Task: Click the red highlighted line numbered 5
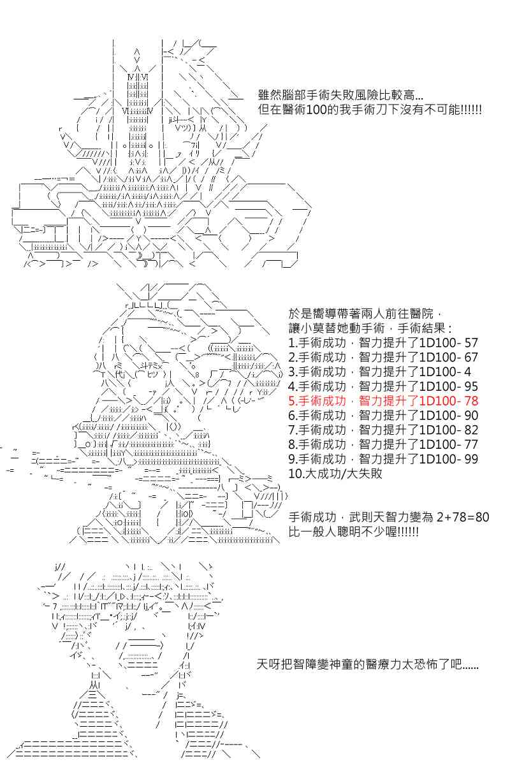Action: [383, 401]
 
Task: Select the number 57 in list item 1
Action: [470, 343]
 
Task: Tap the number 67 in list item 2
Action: [470, 358]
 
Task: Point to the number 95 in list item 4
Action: [470, 386]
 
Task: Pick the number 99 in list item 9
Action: [470, 459]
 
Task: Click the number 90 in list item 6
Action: [470, 416]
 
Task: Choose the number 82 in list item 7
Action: [470, 430]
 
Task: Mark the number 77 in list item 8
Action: [470, 445]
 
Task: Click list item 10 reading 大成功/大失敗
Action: [335, 474]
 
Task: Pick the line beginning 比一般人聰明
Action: [353, 532]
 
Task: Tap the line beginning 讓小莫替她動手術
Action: [370, 328]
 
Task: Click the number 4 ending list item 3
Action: [467, 372]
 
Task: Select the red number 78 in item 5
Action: [470, 401]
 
